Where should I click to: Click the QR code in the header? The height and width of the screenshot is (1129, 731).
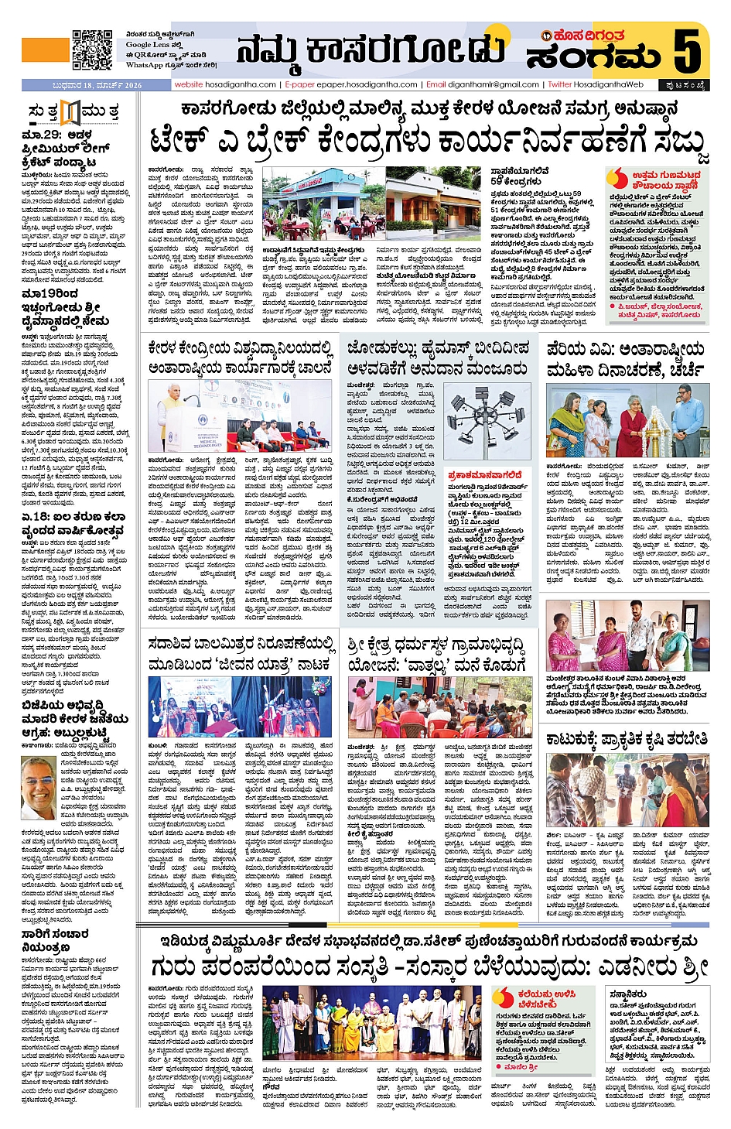point(92,50)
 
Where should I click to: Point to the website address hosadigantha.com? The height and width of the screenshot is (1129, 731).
point(225,84)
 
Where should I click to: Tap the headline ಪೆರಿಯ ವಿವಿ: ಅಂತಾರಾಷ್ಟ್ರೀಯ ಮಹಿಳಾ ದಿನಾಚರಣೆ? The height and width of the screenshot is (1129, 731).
point(625,359)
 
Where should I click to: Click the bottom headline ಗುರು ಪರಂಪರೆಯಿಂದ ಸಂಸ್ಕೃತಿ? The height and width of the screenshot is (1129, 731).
point(430,966)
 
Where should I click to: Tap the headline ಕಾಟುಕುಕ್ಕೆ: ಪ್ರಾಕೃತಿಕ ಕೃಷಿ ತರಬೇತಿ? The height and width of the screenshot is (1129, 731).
point(627,740)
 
